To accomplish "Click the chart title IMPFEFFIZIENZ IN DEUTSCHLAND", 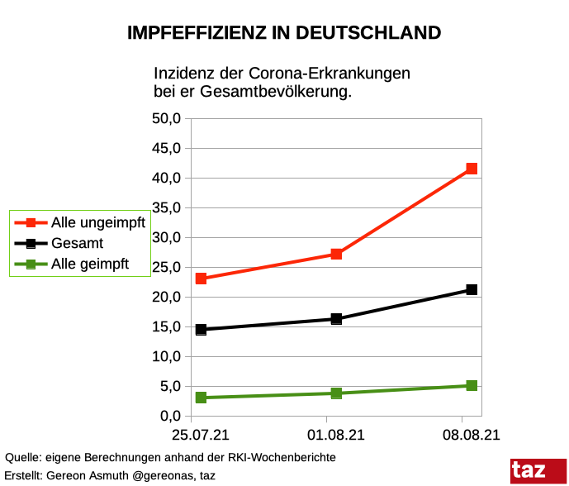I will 284,33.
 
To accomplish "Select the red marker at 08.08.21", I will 472,169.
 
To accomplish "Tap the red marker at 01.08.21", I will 336,254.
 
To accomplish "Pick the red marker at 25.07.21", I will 201,279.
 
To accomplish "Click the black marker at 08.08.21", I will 472,289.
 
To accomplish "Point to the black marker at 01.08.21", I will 336,319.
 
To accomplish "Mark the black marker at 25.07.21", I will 201,329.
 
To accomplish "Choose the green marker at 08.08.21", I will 472,385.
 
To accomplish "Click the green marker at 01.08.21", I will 336,393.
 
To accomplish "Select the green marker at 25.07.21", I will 201,398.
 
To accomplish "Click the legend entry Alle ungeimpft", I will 97,222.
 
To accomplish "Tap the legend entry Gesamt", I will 78,244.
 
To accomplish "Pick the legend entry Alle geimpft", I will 90,264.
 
